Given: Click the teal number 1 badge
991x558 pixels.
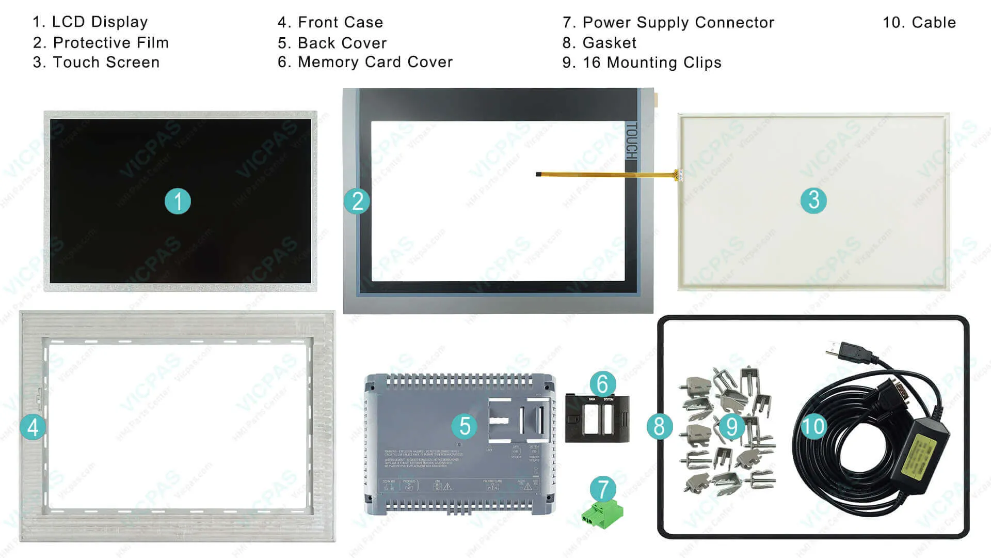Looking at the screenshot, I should (x=178, y=201).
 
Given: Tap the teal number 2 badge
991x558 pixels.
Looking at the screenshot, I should (x=357, y=201).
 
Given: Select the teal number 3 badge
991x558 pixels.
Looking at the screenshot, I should (x=813, y=200).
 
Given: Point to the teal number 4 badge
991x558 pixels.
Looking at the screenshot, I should (x=33, y=427).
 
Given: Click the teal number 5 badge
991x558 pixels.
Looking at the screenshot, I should (x=465, y=426).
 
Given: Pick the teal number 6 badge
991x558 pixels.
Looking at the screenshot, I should (x=602, y=384).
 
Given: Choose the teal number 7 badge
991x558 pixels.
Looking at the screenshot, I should (x=603, y=489).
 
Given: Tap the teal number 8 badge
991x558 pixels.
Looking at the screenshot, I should (x=660, y=426).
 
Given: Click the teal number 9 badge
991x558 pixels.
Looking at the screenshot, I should (x=731, y=426).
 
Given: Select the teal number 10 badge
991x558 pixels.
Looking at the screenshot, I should (x=813, y=426).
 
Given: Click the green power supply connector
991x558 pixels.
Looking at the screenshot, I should (x=602, y=514).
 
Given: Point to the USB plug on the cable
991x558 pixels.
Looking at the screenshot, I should (x=846, y=351).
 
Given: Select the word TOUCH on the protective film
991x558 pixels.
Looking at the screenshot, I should (x=632, y=141).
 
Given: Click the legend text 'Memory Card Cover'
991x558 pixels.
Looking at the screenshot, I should (x=375, y=62).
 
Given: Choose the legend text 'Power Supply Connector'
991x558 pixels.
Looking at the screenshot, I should (x=678, y=22).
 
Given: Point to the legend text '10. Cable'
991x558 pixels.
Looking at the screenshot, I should (x=919, y=22).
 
